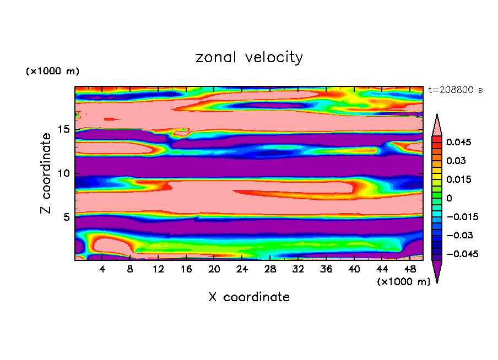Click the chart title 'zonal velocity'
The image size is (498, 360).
click(x=249, y=57)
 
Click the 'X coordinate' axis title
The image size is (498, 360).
click(x=249, y=297)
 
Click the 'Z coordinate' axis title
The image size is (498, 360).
click(x=46, y=173)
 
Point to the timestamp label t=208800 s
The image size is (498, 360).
click(x=455, y=90)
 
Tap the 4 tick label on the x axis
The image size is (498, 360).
click(x=102, y=269)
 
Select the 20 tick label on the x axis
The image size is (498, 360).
click(x=214, y=269)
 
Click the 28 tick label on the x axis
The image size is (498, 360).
click(x=270, y=269)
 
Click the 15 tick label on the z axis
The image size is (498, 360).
click(x=63, y=129)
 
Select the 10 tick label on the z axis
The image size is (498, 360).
click(x=63, y=173)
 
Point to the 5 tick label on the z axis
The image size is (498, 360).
click(x=66, y=217)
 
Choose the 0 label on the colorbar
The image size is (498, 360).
click(x=450, y=198)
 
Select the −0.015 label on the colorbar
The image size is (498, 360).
click(x=462, y=217)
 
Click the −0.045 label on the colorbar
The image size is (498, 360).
click(x=462, y=254)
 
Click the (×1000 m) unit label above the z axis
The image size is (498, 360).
click(x=52, y=72)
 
